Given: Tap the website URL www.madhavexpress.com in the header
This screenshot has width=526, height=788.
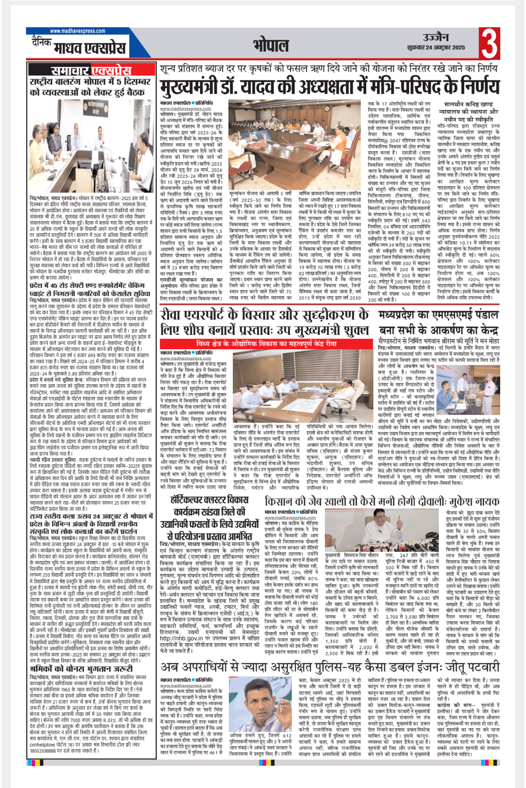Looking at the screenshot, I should (x=77, y=31).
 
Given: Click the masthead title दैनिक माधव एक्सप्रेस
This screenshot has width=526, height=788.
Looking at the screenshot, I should (x=78, y=47).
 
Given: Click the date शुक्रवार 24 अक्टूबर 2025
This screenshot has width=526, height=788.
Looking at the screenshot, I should (x=436, y=48).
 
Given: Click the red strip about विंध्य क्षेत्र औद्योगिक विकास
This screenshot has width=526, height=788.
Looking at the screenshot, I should (x=266, y=343).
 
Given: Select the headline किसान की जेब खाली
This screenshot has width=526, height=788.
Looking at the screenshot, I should (x=382, y=501).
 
